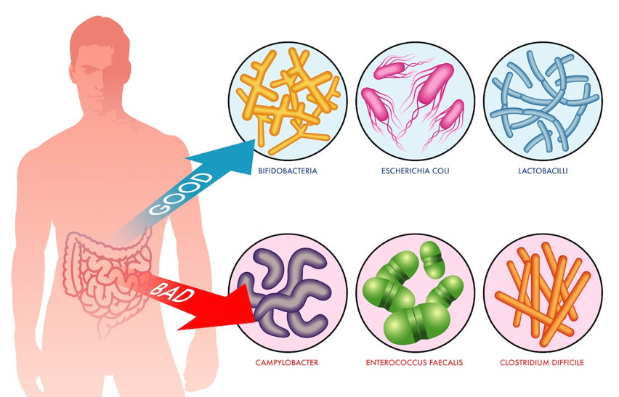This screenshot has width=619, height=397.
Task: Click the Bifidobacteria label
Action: point(287,172)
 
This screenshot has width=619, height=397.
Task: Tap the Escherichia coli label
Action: point(416,172)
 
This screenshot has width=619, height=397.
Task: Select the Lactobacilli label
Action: point(541,172)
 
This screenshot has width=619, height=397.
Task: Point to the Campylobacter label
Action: point(287,361)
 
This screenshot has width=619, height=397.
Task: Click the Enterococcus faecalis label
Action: point(416,361)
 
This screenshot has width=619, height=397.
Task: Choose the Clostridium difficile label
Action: point(541,361)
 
